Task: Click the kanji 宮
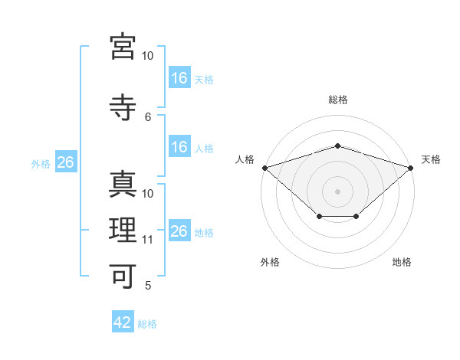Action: tap(123, 47)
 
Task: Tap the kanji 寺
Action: tap(123, 107)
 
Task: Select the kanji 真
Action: tap(123, 184)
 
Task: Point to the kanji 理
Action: tap(123, 230)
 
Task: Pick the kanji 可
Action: tap(123, 277)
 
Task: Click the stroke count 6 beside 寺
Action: tap(148, 117)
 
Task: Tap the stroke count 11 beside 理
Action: tap(147, 240)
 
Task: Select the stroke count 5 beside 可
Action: tap(148, 285)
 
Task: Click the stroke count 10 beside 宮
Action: tap(147, 56)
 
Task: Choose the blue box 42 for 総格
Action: tap(123, 321)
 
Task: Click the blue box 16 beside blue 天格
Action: tap(179, 77)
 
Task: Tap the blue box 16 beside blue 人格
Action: tap(179, 146)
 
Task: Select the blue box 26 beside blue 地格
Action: tap(179, 230)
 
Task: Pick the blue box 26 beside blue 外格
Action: tap(66, 162)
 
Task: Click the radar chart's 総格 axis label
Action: tap(338, 100)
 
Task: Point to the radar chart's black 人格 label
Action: tap(245, 159)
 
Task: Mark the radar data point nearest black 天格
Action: tap(411, 168)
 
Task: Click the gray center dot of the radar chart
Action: tap(337, 191)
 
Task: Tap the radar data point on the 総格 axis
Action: tap(337, 146)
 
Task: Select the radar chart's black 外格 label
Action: tap(270, 262)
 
